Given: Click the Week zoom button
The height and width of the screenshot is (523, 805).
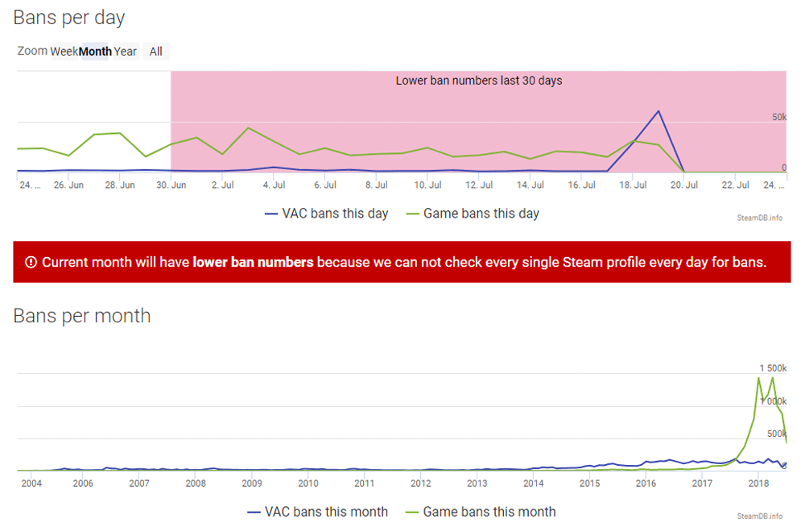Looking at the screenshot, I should (64, 52).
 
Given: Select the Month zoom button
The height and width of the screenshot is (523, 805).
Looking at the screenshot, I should (95, 52).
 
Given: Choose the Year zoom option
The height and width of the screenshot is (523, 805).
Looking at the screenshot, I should (126, 52).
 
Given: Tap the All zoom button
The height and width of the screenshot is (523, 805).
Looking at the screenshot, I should (156, 52).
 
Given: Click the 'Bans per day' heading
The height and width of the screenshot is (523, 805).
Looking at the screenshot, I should (69, 17).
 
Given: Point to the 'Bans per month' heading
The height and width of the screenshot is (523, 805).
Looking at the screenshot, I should (82, 315).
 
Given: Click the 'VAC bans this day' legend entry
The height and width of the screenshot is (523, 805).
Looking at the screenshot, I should (327, 214).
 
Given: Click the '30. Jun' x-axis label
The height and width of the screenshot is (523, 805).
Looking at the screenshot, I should (171, 185).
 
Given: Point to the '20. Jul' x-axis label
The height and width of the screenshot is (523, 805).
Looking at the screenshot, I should (684, 185).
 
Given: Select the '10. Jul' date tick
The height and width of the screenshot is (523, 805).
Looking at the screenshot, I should (427, 185).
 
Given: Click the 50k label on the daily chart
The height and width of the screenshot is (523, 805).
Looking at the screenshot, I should (778, 118).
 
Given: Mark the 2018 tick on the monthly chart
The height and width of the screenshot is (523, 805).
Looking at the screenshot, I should (758, 484).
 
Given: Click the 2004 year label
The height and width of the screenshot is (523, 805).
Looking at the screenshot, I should (31, 484).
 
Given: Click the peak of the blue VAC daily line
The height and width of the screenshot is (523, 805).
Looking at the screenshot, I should (658, 111).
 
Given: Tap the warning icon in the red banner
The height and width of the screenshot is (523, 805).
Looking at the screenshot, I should (31, 262).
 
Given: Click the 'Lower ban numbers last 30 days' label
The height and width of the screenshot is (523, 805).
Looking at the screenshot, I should (478, 81).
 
